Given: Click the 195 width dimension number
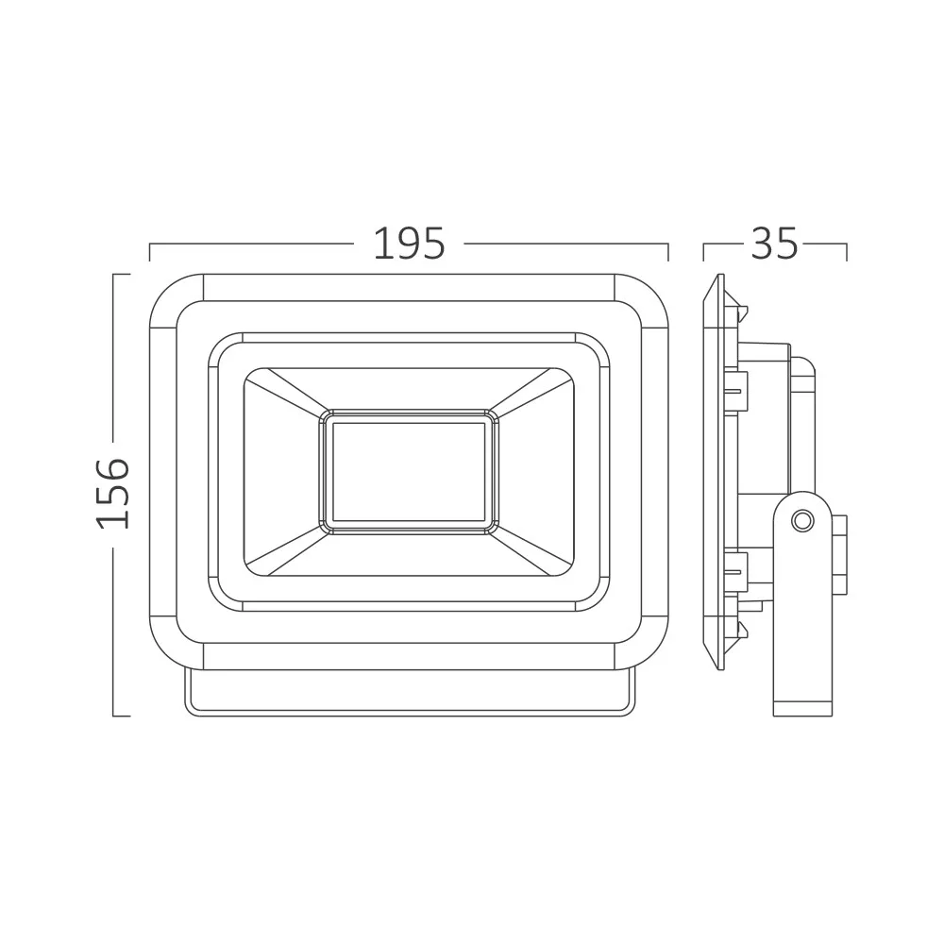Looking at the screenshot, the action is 410,244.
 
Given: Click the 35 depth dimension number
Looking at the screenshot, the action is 774,244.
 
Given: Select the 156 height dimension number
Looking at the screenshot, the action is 113,494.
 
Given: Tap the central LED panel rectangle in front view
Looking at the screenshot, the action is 409,472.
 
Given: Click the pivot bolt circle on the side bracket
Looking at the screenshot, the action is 801,520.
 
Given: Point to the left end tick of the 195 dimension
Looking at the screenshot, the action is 149,252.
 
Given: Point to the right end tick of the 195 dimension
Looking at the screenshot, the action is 668,252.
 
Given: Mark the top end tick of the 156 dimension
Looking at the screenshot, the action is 122,275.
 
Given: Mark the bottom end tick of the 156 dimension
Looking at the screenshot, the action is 122,716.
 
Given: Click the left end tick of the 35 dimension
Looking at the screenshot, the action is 704,252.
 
